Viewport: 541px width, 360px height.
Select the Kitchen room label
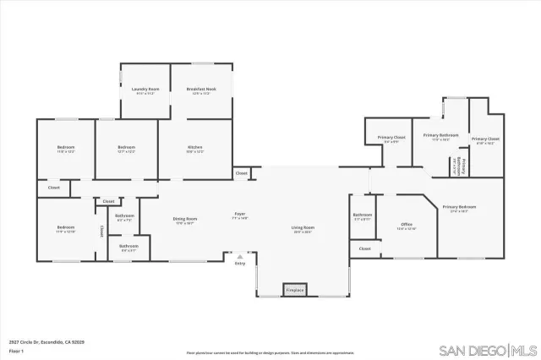(x=195, y=148)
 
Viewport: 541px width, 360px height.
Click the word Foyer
(x=240, y=215)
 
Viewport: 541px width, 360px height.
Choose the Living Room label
(x=303, y=227)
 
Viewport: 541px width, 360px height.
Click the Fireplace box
(x=294, y=290)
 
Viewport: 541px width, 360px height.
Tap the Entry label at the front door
(x=240, y=263)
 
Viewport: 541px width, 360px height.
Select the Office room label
(x=407, y=225)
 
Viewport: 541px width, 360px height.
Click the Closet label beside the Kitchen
(x=242, y=173)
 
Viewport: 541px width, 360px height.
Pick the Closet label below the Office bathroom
(x=364, y=248)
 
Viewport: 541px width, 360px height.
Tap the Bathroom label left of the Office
(x=362, y=215)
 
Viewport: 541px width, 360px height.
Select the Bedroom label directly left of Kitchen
(x=126, y=148)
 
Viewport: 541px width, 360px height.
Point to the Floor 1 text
(x=16, y=350)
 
